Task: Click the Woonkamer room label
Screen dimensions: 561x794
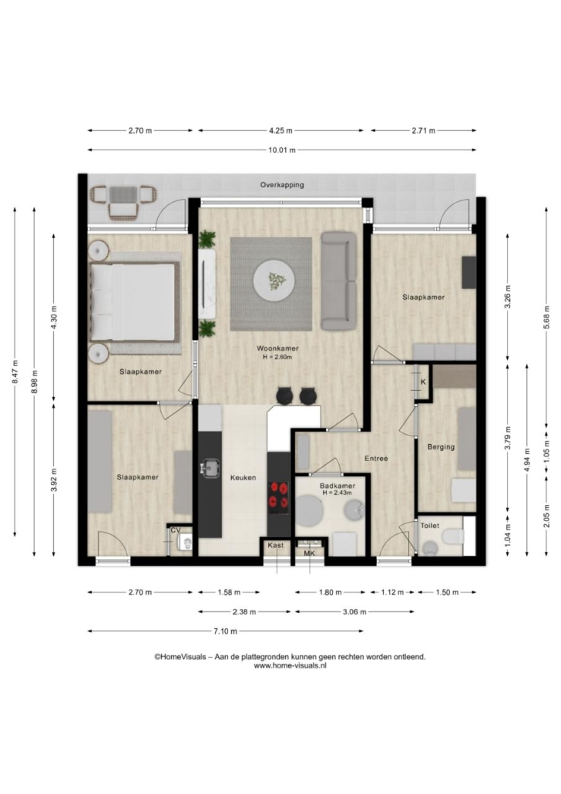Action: pyautogui.click(x=277, y=348)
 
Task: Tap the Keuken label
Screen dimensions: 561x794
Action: pyautogui.click(x=243, y=477)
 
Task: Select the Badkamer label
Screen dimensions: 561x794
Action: pyautogui.click(x=338, y=486)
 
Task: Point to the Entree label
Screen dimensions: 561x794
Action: pyautogui.click(x=376, y=458)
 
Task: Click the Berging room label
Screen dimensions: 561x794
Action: pyautogui.click(x=441, y=447)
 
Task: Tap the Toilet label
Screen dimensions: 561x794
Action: pyautogui.click(x=429, y=526)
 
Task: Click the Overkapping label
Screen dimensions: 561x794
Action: pyautogui.click(x=282, y=185)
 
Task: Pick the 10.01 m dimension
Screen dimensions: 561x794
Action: pyautogui.click(x=282, y=150)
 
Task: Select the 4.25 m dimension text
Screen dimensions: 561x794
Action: pyautogui.click(x=280, y=130)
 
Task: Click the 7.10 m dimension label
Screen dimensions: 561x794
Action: pyautogui.click(x=225, y=631)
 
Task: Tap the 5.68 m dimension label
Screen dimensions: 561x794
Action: pyautogui.click(x=546, y=317)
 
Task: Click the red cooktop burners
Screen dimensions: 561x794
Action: pyautogui.click(x=278, y=495)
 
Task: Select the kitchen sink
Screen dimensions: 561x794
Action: pyautogui.click(x=210, y=468)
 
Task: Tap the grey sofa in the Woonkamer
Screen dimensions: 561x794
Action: pyautogui.click(x=339, y=281)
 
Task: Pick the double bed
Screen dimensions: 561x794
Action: pyautogui.click(x=134, y=301)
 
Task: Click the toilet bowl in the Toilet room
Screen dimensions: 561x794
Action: pyautogui.click(x=452, y=536)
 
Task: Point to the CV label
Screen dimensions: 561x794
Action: pyautogui.click(x=176, y=530)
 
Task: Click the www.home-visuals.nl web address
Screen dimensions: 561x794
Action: pyautogui.click(x=290, y=665)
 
